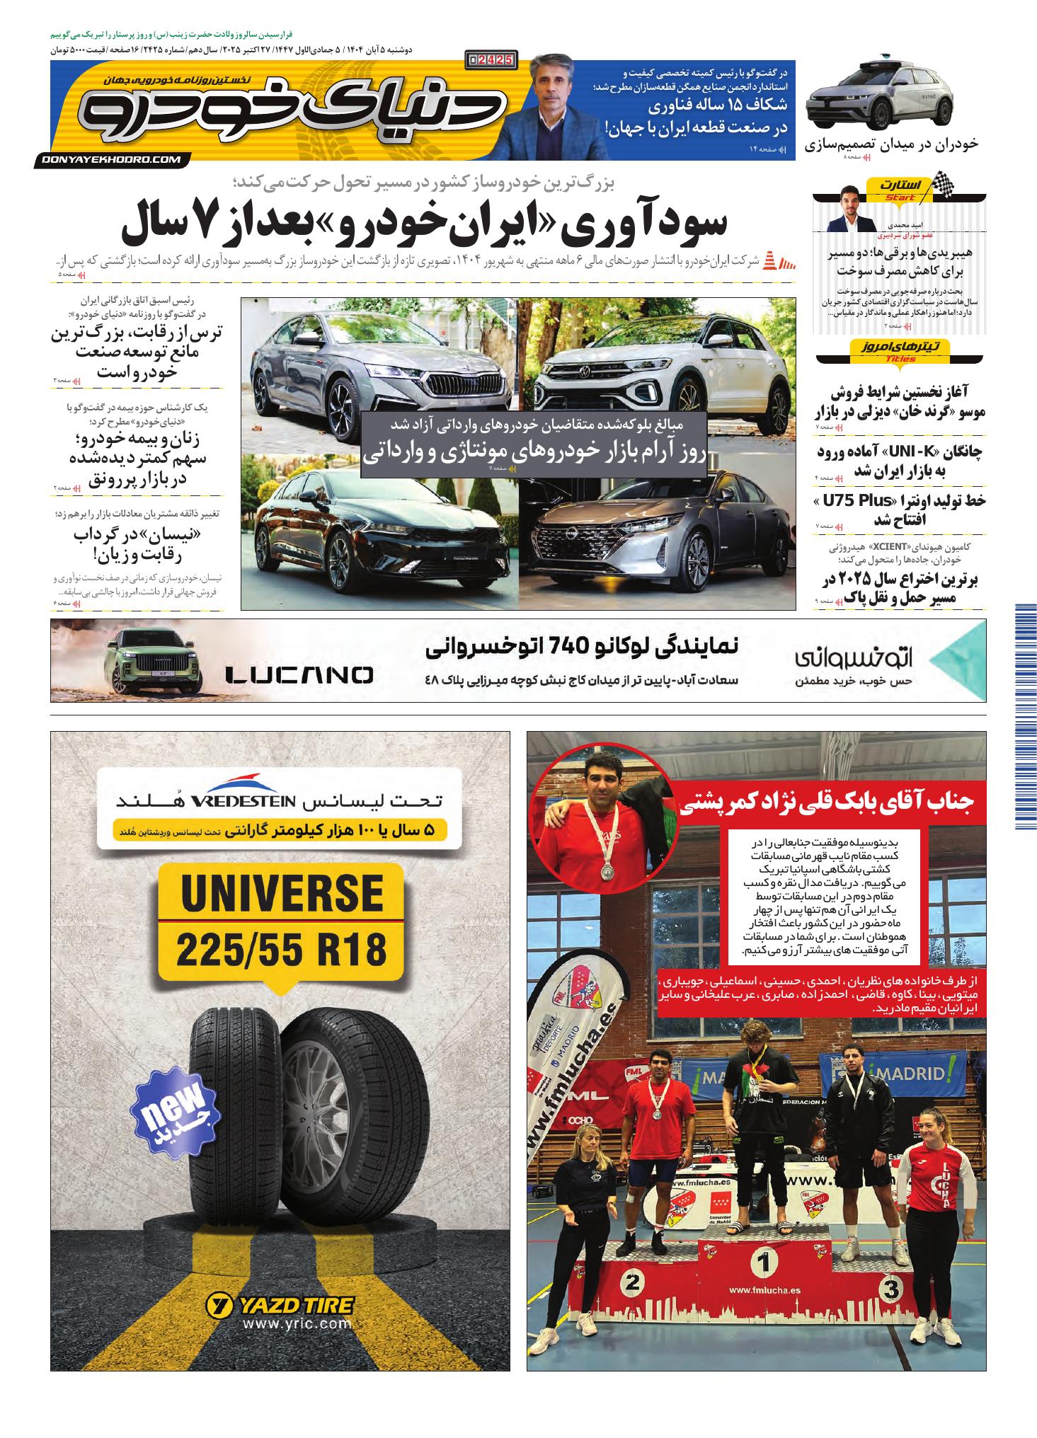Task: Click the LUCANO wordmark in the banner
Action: coord(299,675)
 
